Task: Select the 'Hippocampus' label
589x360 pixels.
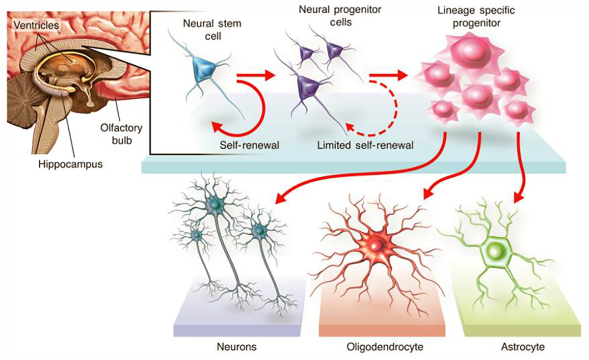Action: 71,164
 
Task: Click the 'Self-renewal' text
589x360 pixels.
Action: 244,145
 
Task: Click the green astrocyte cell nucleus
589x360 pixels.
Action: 497,251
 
